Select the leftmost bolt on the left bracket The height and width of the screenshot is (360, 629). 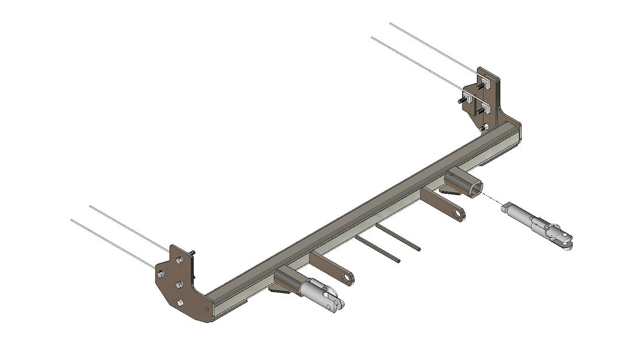click(x=161, y=274)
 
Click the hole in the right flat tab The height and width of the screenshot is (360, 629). click(x=460, y=215)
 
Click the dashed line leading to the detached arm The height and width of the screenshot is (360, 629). click(x=492, y=200)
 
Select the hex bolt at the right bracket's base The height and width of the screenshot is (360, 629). click(x=483, y=127)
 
